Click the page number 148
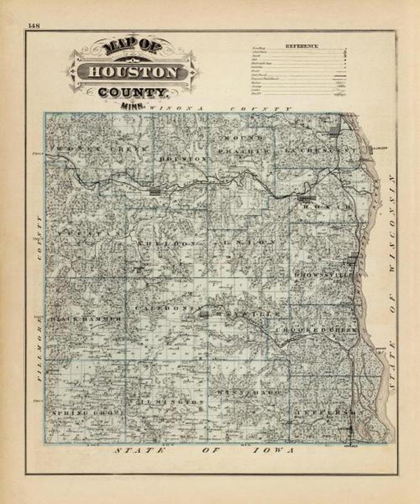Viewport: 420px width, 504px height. pos(33,26)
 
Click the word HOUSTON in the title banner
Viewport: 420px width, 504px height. pos(132,72)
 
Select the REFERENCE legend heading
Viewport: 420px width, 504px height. pos(301,46)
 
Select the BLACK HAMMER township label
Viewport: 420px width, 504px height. pos(85,319)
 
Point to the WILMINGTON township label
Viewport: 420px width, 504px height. pos(168,402)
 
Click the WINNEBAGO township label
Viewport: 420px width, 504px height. pos(248,393)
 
